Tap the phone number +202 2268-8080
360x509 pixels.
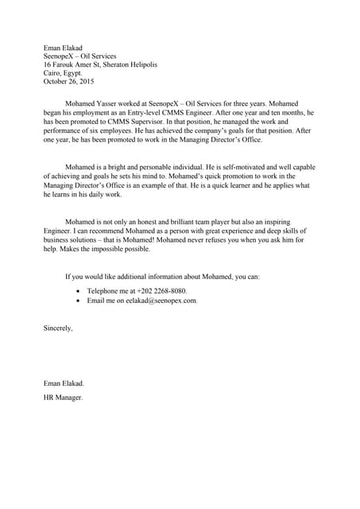point(162,291)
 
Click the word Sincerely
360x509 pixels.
point(58,328)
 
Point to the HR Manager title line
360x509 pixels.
point(63,395)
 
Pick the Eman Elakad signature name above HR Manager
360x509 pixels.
point(64,383)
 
